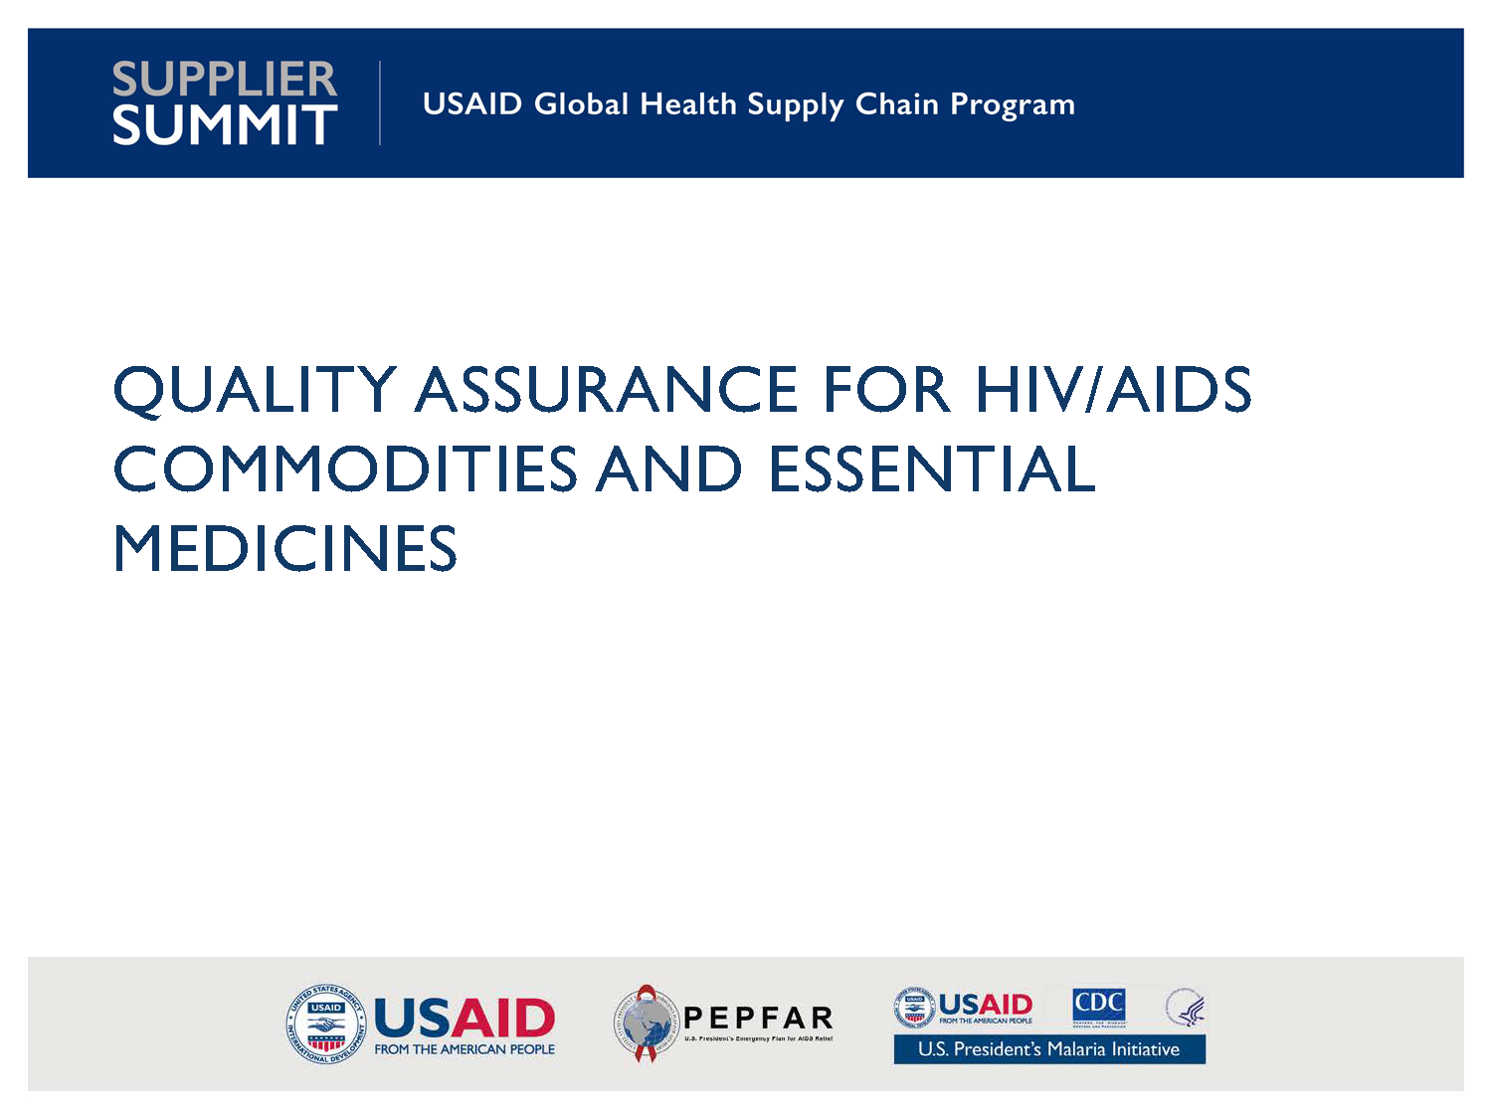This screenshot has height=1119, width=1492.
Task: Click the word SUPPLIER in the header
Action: tap(225, 79)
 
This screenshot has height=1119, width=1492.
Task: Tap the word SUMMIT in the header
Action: tap(225, 125)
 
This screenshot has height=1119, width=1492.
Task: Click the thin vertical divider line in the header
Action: tap(380, 103)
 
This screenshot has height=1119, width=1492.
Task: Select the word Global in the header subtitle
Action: tap(581, 103)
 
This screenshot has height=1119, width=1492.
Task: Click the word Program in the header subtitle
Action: tap(1013, 105)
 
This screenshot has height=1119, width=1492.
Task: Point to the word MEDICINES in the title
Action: tap(285, 549)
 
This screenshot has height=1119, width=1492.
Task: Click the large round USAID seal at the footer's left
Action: tap(326, 1024)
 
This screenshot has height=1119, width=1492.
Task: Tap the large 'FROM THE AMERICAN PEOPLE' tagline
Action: tap(465, 1049)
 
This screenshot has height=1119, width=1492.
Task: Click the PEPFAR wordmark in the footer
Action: tap(758, 1018)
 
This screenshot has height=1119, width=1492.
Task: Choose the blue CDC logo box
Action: tap(1098, 1006)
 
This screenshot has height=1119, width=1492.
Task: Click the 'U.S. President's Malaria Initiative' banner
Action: tap(1049, 1049)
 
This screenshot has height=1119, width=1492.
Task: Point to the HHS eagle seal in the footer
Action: tap(1185, 1008)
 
